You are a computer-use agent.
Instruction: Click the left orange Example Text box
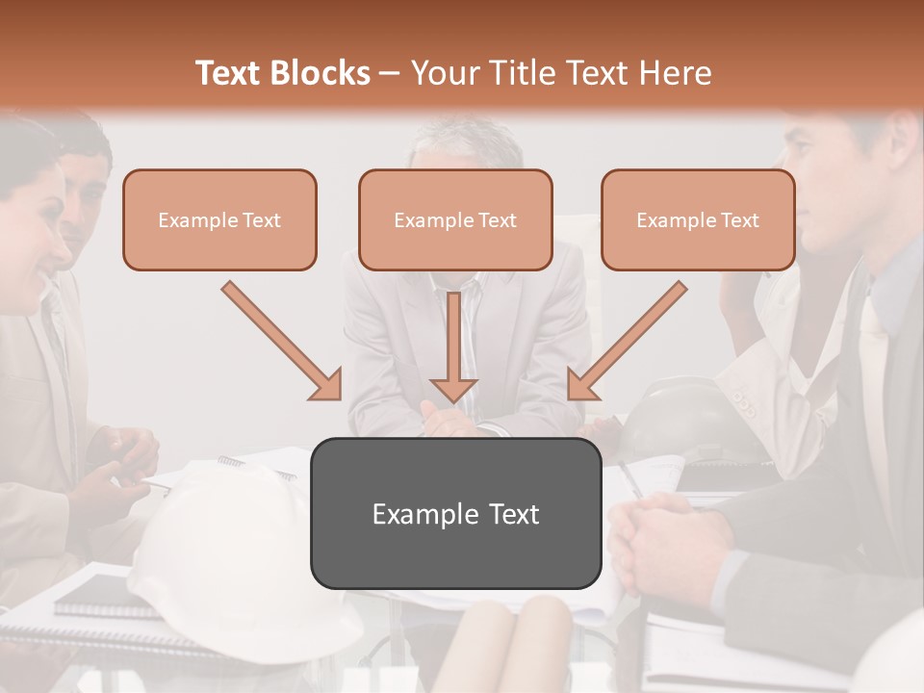pos(219,219)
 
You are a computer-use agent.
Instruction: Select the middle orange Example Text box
pos(455,219)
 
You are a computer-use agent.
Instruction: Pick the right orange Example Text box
pos(698,219)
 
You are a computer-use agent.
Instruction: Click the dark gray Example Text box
pos(455,513)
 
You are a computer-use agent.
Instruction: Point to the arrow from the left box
pos(281,340)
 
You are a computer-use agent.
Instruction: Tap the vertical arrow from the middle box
pos(453,346)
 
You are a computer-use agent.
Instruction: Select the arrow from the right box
pos(628,340)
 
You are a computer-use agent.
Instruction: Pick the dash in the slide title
pos(390,74)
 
